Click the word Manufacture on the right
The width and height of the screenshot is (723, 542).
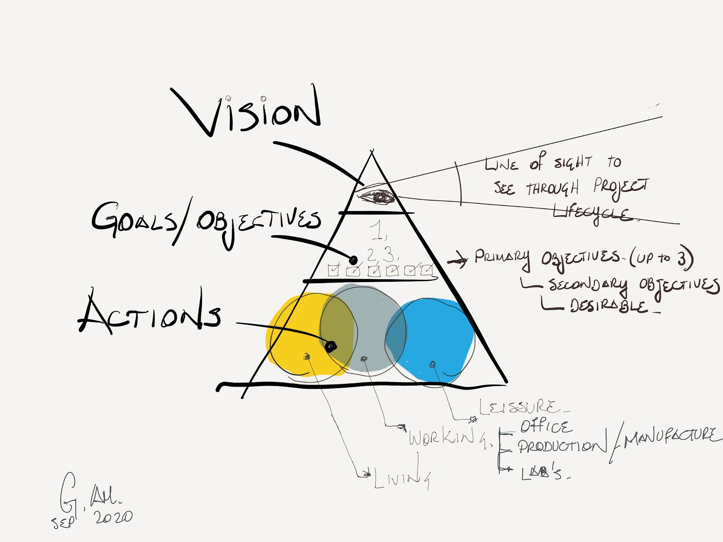(671, 438)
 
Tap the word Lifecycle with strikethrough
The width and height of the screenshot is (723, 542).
(593, 214)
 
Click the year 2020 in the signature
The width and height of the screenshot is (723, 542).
(113, 517)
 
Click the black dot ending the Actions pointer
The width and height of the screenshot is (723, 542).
(331, 346)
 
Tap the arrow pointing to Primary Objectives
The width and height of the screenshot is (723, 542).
(458, 260)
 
